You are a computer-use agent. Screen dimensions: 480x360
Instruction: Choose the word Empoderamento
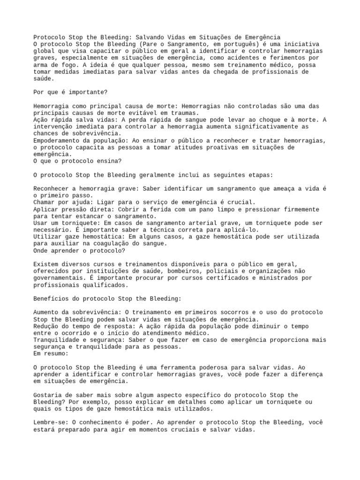pyautogui.click(x=58, y=141)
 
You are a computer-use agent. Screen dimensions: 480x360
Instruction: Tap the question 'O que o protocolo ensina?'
pyautogui.click(x=77, y=161)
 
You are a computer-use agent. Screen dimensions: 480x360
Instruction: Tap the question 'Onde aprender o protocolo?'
pyautogui.click(x=79, y=250)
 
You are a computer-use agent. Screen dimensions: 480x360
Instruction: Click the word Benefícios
pyautogui.click(x=52, y=298)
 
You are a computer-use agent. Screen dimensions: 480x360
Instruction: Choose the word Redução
pyautogui.click(x=45, y=326)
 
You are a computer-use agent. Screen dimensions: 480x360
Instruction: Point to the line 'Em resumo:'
pyautogui.click(x=51, y=353)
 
